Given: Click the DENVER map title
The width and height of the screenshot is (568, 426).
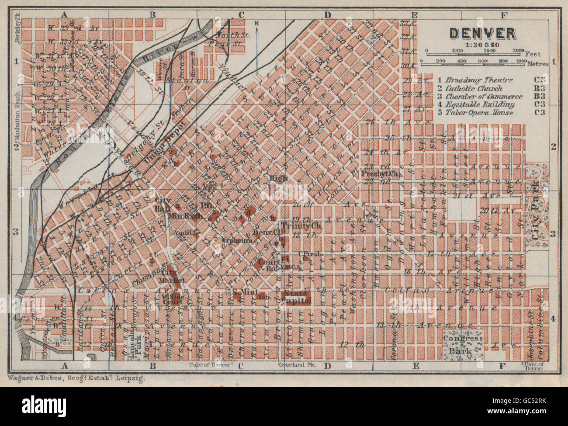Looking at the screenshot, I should pyautogui.click(x=482, y=33).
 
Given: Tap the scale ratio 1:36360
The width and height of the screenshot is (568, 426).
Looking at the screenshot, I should pyautogui.click(x=482, y=44).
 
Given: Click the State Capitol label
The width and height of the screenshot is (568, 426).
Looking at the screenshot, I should pyautogui.click(x=298, y=297).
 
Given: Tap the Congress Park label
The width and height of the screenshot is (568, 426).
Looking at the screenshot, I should pyautogui.click(x=463, y=344).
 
